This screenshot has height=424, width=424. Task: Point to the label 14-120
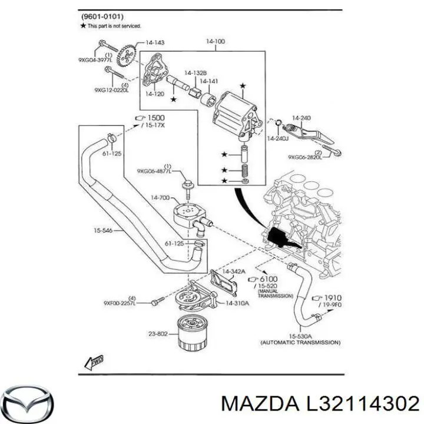155,94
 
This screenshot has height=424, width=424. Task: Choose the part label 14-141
209,81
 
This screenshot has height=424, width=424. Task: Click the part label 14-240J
277,139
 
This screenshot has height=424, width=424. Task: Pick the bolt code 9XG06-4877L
154,171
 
